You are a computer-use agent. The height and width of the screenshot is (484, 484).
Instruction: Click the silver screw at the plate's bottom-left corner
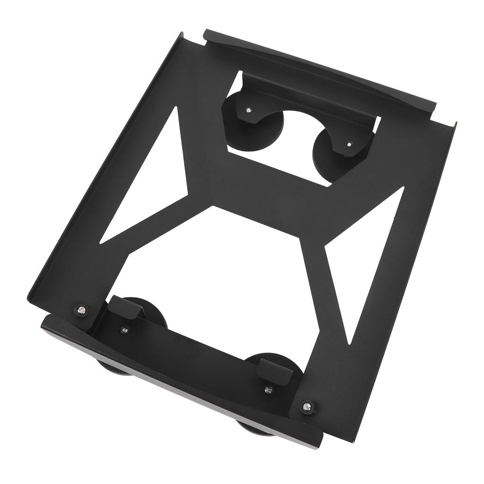82,310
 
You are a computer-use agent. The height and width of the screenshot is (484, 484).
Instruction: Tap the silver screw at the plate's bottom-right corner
308,406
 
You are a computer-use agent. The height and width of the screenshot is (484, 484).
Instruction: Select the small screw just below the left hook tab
124,330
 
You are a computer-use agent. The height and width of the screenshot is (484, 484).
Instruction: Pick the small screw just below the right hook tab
268,390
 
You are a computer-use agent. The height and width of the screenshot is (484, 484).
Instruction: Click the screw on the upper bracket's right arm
349,144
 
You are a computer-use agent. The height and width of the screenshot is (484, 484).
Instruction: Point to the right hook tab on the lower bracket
274,369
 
